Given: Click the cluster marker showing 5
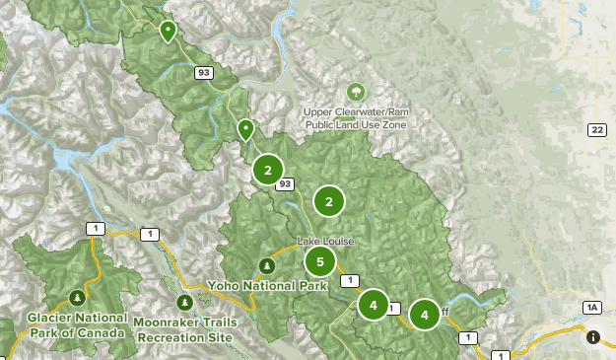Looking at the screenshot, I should point(319,261).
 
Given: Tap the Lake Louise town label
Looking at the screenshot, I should point(325,242).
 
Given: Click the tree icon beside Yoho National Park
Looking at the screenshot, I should point(265,265).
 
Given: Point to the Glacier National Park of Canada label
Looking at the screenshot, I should point(77,324).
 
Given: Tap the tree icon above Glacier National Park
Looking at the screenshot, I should point(77,297).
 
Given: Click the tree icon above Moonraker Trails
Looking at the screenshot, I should point(183,302).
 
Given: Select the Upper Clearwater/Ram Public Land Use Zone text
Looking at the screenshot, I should point(355,119).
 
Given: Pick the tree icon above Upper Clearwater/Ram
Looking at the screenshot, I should point(355,92).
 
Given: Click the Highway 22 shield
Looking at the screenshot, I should point(596,130).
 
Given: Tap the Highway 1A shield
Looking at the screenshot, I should point(591,308).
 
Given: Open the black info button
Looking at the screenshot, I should point(593,337).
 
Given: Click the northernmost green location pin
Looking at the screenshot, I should point(169,31).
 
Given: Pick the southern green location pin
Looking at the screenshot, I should point(245,129).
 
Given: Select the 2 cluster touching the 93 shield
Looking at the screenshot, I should point(267,170).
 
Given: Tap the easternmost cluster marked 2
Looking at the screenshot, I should point(328,201).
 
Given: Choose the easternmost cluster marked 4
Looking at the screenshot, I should point(425,315).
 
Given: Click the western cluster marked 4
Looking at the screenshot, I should point(373,305).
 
